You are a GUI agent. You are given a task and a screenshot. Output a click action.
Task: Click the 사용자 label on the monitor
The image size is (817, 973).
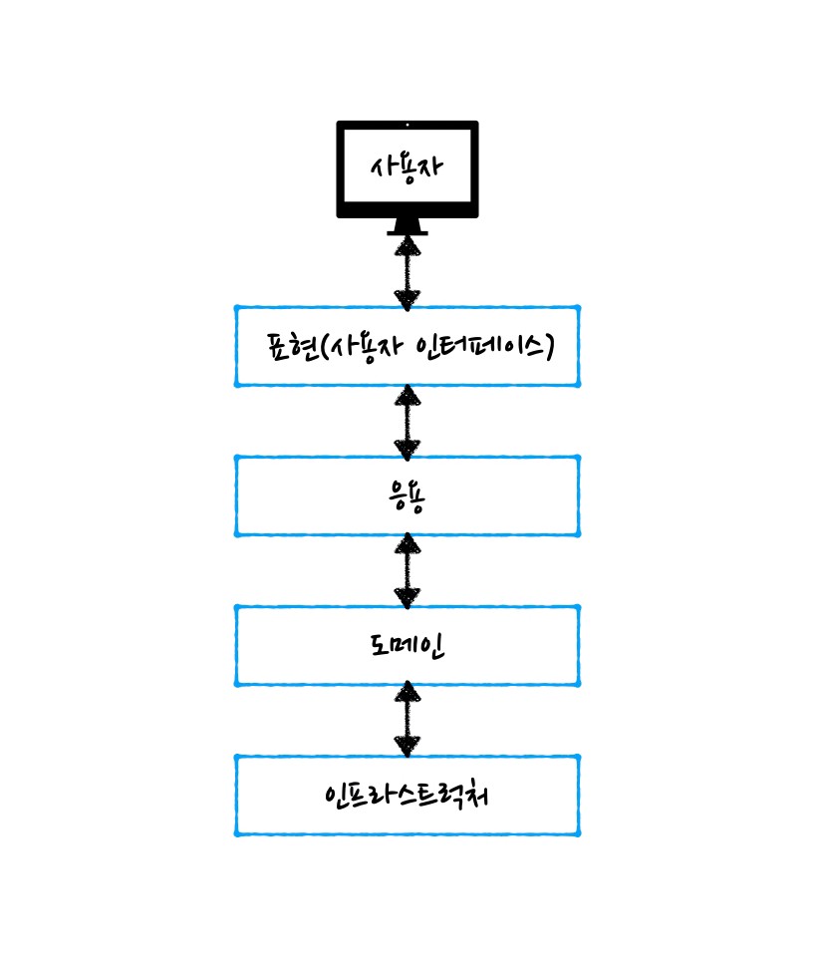click(407, 166)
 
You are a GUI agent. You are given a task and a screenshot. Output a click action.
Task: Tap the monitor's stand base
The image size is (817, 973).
click(408, 231)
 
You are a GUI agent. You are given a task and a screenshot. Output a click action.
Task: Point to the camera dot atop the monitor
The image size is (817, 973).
click(408, 125)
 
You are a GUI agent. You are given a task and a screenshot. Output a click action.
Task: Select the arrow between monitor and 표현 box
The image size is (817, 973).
click(408, 270)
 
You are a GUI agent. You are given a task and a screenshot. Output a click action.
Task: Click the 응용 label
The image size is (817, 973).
click(408, 495)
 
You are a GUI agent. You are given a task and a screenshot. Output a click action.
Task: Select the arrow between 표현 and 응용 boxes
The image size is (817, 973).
click(408, 421)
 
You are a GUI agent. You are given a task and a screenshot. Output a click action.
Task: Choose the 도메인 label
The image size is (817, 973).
click(407, 645)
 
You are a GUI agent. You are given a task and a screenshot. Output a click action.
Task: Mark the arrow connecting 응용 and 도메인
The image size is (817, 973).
click(408, 570)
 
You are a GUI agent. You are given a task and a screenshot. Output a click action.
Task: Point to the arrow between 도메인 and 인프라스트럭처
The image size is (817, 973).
click(408, 720)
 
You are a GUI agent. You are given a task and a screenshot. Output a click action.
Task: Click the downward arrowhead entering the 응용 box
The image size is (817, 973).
click(408, 448)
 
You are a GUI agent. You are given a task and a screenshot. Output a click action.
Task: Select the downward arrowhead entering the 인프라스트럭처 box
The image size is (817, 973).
click(408, 747)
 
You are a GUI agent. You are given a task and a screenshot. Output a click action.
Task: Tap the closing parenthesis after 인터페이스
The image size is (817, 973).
click(548, 347)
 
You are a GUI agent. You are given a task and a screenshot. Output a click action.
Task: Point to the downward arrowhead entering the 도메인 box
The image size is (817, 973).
click(408, 597)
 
